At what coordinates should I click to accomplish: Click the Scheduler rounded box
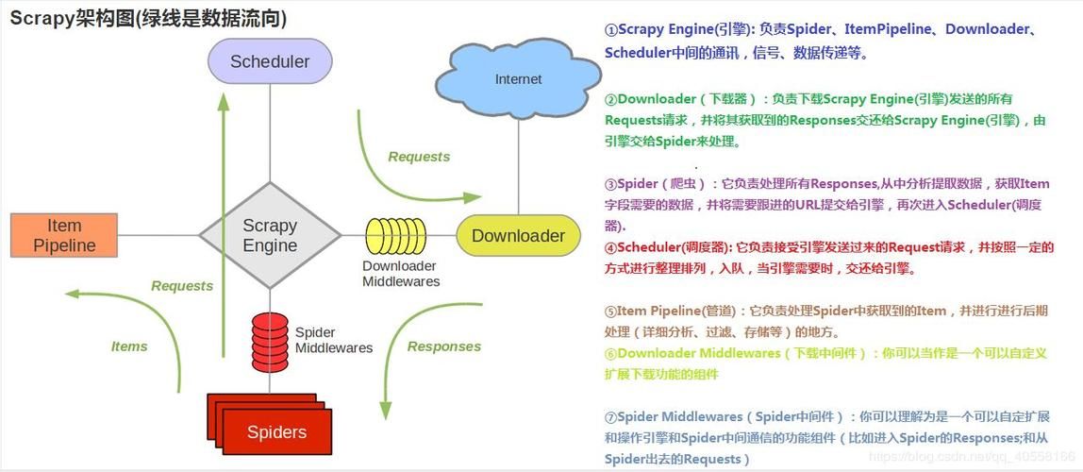pyautogui.click(x=270, y=61)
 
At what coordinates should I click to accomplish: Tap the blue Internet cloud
pyautogui.click(x=518, y=79)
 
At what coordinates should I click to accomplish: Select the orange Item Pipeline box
pyautogui.click(x=64, y=235)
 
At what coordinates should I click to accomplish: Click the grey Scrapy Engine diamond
pyautogui.click(x=270, y=235)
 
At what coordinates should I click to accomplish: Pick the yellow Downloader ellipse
pyautogui.click(x=518, y=236)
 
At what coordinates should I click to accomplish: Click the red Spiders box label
pyautogui.click(x=276, y=432)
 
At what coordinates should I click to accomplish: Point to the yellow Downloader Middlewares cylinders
pyautogui.click(x=396, y=236)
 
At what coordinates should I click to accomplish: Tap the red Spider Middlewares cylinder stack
pyautogui.click(x=270, y=341)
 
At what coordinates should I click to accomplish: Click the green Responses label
pyautogui.click(x=443, y=346)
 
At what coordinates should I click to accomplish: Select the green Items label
pyautogui.click(x=129, y=346)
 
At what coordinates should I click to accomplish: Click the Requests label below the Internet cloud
pyautogui.click(x=419, y=157)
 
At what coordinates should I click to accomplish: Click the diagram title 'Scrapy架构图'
pyautogui.click(x=72, y=18)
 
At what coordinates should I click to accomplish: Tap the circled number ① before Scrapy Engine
pyautogui.click(x=610, y=30)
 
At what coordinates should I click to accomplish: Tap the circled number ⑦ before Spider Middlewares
pyautogui.click(x=610, y=417)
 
